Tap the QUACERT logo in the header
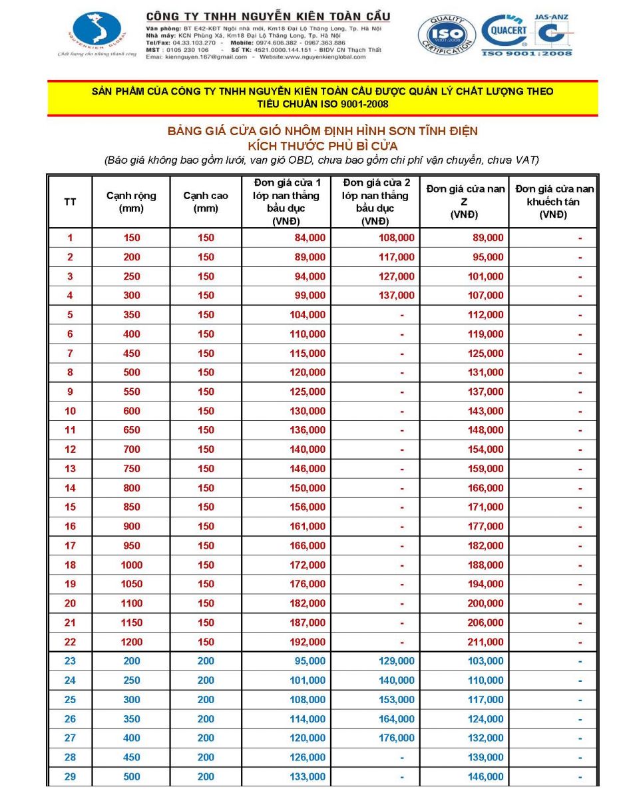tap(507, 31)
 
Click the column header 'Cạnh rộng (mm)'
tap(131, 202)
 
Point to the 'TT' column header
tap(70, 202)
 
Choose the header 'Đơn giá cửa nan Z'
tap(465, 202)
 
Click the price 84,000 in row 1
tap(308, 238)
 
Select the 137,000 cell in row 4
tap(397, 295)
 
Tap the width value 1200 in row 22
tap(132, 642)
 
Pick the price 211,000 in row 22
tap(486, 642)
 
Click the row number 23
tap(70, 661)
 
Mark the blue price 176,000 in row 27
tap(397, 738)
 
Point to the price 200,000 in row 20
tap(486, 603)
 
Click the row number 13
tap(70, 469)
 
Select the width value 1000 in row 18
tap(132, 565)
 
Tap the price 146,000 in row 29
tap(486, 776)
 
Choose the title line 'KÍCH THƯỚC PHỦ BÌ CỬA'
tap(323, 145)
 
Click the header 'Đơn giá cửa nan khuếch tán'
tap(554, 202)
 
